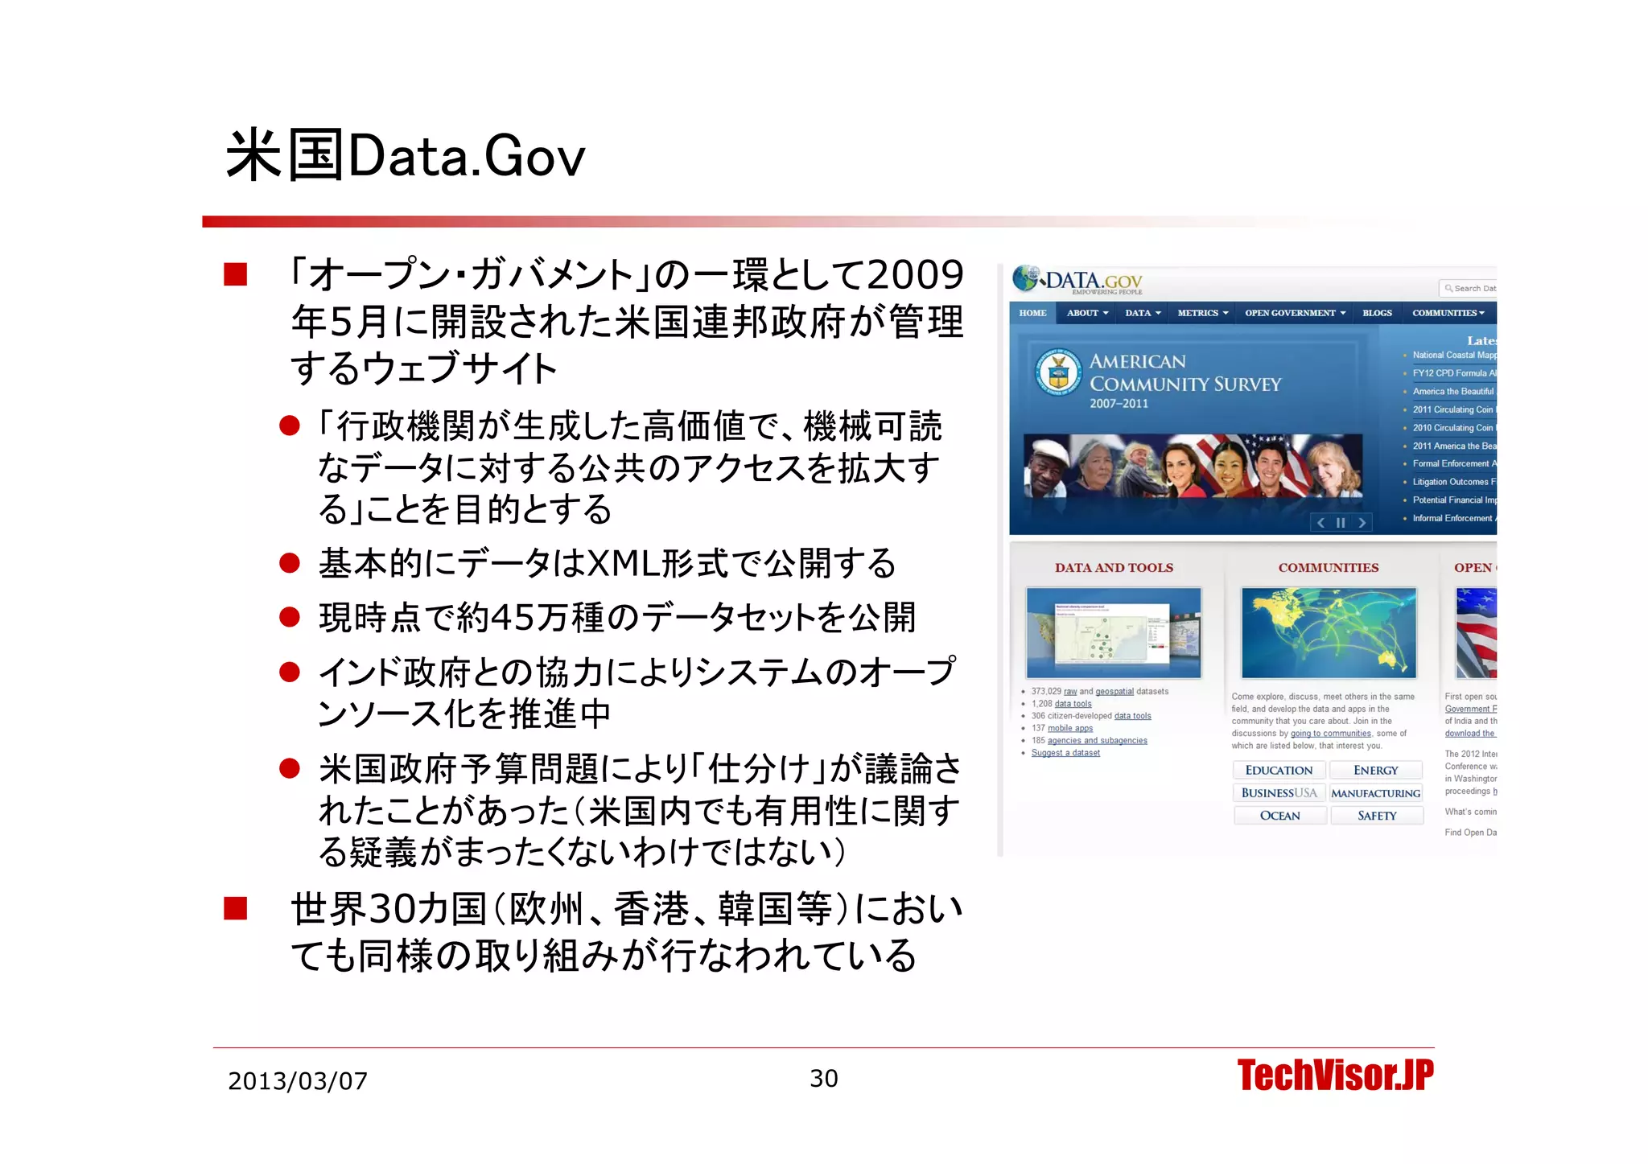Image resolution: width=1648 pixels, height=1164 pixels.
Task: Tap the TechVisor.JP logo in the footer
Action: pyautogui.click(x=1335, y=1076)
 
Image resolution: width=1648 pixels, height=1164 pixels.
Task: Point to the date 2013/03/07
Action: pyautogui.click(x=297, y=1080)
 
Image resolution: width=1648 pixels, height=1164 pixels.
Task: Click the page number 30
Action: pyautogui.click(x=823, y=1078)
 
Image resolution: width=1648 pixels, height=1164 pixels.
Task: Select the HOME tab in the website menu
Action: pyautogui.click(x=1032, y=313)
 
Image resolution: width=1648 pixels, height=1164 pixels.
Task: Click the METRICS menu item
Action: pyautogui.click(x=1202, y=313)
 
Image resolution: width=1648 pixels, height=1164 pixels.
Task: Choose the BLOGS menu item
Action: pyautogui.click(x=1377, y=313)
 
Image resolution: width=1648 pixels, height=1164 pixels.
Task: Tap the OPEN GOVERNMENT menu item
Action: pyautogui.click(x=1295, y=313)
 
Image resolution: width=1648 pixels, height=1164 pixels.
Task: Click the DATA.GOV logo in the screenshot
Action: pyautogui.click(x=1078, y=281)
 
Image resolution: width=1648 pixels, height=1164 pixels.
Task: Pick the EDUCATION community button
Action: pyautogui.click(x=1279, y=770)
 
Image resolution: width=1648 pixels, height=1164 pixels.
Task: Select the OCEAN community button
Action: pyautogui.click(x=1279, y=816)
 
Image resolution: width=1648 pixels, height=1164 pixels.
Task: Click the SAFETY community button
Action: pyautogui.click(x=1377, y=816)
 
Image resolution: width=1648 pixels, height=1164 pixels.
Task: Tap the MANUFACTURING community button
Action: pyautogui.click(x=1376, y=793)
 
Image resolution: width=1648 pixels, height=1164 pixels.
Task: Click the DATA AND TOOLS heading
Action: pyautogui.click(x=1114, y=567)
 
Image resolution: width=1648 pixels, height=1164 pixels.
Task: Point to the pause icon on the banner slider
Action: pyautogui.click(x=1341, y=523)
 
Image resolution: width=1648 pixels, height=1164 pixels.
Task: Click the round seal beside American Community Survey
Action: pyautogui.click(x=1058, y=372)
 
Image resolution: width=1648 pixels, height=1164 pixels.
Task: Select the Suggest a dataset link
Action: pyautogui.click(x=1065, y=753)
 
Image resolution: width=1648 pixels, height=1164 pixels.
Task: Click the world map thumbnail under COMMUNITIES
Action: pyautogui.click(x=1329, y=633)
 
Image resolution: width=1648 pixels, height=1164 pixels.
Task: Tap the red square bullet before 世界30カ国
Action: pyautogui.click(x=236, y=908)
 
